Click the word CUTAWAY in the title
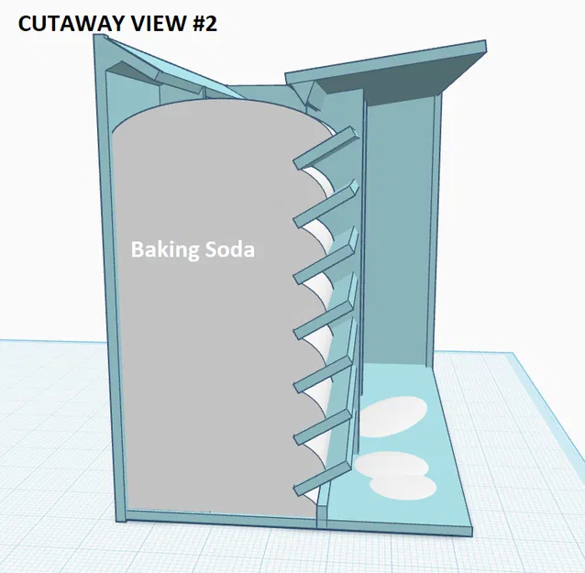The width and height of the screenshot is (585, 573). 69,24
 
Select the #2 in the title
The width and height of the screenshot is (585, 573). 204,24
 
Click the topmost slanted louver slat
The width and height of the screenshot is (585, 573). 326,149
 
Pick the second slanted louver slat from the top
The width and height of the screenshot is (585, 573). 326,204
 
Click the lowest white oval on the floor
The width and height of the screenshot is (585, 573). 403,487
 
